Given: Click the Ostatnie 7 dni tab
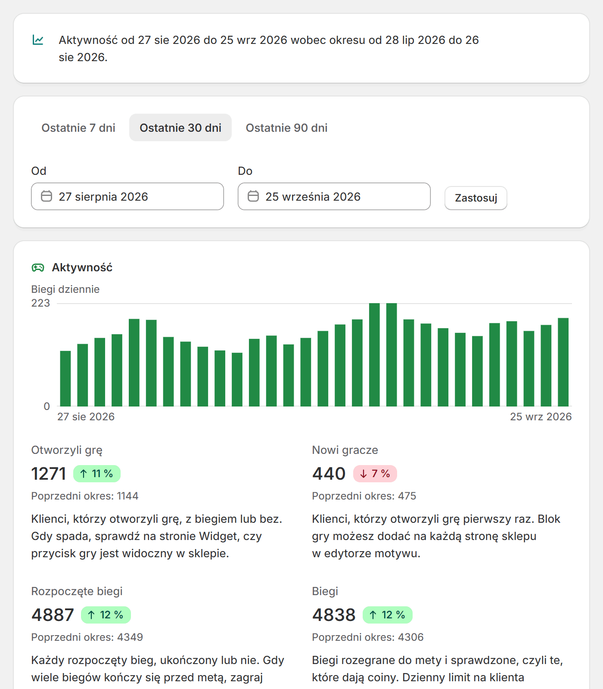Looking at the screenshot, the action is [x=78, y=128].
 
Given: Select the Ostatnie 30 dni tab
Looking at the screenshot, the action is [x=180, y=128].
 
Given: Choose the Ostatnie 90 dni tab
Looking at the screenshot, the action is [x=286, y=128].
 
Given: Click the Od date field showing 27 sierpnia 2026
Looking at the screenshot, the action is [x=127, y=196].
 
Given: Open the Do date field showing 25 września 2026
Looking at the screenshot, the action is [x=334, y=196].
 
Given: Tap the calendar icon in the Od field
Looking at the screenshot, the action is [x=47, y=196].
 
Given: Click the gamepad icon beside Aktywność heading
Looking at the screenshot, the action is [x=38, y=268].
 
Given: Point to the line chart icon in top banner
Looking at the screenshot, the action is [x=38, y=40].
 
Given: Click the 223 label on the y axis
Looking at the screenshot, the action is [x=40, y=303].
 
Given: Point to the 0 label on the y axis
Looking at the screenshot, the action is [x=47, y=406].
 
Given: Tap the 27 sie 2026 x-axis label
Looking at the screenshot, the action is [x=86, y=417].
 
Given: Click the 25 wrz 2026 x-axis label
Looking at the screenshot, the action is [x=541, y=417].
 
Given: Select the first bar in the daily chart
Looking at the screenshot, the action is [x=65, y=379].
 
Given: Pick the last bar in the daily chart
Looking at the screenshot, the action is [x=563, y=362].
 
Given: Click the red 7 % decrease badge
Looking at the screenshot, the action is [x=375, y=474].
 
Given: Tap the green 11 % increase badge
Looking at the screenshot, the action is [x=97, y=474].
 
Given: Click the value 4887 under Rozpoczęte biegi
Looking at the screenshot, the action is [x=53, y=615].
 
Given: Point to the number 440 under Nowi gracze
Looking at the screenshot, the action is [x=329, y=474].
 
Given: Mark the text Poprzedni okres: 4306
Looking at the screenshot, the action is [x=368, y=637].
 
